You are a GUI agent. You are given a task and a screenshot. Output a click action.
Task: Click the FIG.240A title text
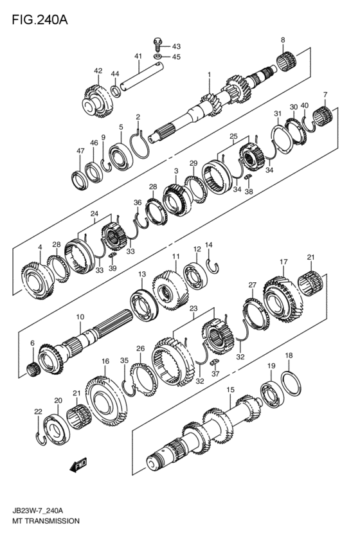point(40,20)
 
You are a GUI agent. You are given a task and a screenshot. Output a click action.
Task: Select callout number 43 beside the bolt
point(176,46)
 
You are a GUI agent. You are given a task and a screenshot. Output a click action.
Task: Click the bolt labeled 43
point(157,44)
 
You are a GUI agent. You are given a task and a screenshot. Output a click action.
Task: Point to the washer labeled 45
point(157,56)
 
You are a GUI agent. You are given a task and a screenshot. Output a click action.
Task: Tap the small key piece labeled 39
point(112,256)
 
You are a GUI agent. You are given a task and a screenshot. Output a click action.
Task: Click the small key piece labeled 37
point(214,362)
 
